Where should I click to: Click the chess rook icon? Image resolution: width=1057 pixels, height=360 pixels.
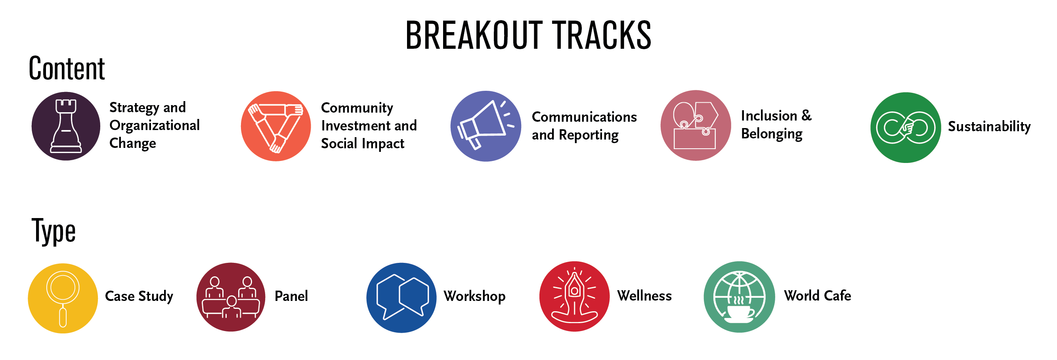pyautogui.click(x=66, y=126)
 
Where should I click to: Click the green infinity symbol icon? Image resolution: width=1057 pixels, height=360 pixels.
pyautogui.click(x=906, y=128)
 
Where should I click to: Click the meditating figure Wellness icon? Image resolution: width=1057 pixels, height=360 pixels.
pyautogui.click(x=574, y=297)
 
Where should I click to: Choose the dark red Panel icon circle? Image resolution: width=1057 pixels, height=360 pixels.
pyautogui.click(x=231, y=297)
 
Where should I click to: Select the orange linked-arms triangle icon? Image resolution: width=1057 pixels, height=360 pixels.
pyautogui.click(x=276, y=126)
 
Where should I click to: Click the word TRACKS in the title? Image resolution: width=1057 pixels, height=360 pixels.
pyautogui.click(x=601, y=35)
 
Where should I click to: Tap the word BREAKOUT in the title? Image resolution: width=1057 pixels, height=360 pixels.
pyautogui.click(x=474, y=35)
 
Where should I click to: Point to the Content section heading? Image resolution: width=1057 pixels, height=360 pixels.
pyautogui.click(x=67, y=68)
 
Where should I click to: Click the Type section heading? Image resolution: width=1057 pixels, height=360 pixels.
pyautogui.click(x=54, y=231)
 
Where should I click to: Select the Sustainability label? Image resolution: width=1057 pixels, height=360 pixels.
pyautogui.click(x=989, y=126)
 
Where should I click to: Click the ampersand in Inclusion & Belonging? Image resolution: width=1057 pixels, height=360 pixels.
pyautogui.click(x=806, y=115)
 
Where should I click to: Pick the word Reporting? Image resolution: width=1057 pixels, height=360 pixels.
pyautogui.click(x=589, y=135)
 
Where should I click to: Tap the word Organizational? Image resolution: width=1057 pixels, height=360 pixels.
pyautogui.click(x=155, y=125)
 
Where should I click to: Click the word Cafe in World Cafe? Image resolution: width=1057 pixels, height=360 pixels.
pyautogui.click(x=837, y=295)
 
